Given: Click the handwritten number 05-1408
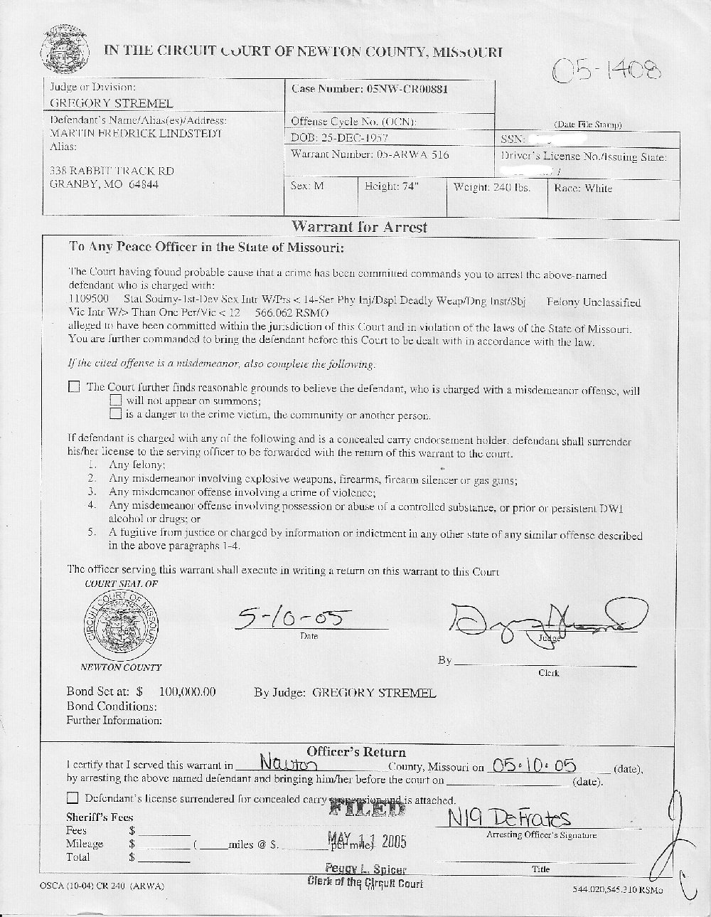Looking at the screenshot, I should point(607,70).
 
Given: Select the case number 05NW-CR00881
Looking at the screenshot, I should point(407,90).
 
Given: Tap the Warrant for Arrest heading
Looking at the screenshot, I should point(359,228).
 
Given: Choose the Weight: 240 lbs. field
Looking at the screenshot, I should point(492,188).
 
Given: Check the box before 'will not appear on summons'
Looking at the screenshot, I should point(115,401).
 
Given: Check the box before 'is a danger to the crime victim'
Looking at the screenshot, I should point(115,413).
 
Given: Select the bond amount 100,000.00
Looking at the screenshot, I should point(188,691).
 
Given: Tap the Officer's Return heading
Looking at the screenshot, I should point(356,752).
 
